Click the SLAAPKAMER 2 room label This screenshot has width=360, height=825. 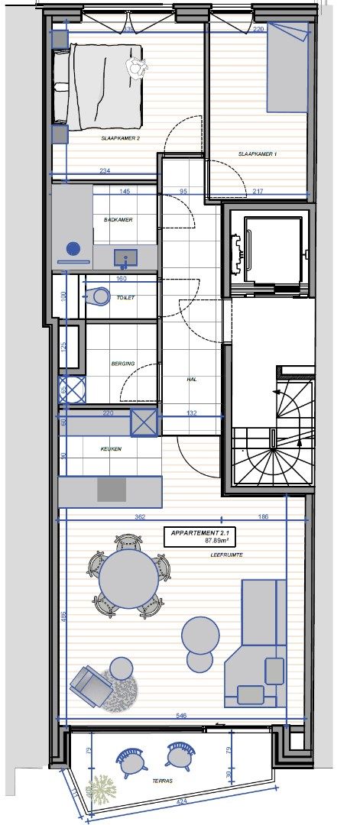121,140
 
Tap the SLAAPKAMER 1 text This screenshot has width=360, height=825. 258,154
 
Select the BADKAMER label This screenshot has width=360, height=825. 118,220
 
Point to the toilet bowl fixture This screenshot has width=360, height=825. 99,295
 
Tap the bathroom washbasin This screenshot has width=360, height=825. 125,256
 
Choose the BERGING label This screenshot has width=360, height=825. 123,364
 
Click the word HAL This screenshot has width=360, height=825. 193,378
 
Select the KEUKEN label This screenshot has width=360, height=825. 112,449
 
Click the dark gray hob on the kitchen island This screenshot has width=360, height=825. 112,490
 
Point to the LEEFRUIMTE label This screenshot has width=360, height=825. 227,555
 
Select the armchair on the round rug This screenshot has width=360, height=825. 92,684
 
